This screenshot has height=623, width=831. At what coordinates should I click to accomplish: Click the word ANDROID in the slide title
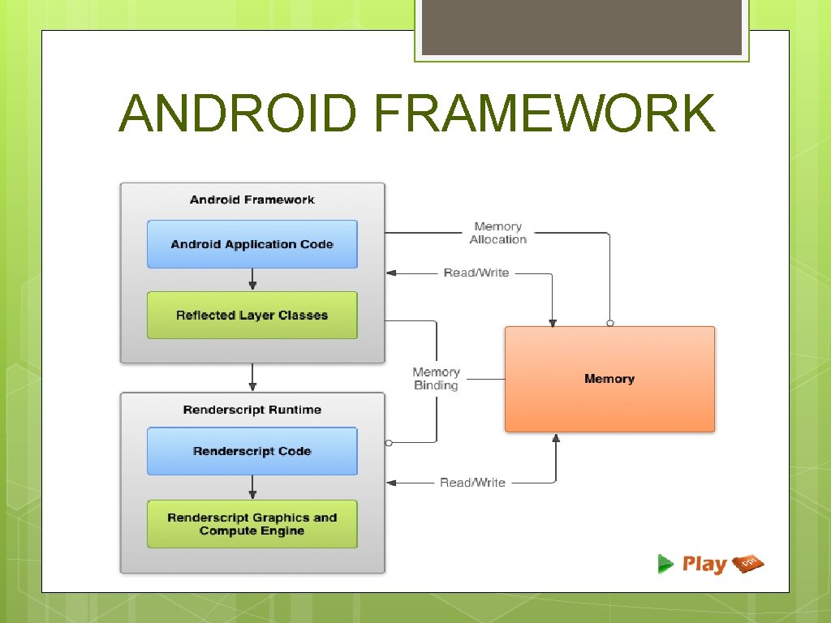click(x=237, y=113)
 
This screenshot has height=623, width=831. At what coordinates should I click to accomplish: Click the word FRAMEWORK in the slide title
click(x=545, y=113)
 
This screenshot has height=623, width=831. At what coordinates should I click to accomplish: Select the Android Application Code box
click(x=252, y=244)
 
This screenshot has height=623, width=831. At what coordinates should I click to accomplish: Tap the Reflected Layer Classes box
click(x=252, y=316)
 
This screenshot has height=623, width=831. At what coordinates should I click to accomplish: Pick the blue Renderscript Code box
click(x=252, y=451)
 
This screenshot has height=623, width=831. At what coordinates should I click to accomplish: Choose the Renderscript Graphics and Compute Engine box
click(x=252, y=524)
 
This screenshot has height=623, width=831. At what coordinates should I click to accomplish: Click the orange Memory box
click(x=609, y=379)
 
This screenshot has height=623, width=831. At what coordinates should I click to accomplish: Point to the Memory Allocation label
click(x=497, y=233)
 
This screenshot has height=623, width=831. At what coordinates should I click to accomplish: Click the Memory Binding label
click(x=436, y=379)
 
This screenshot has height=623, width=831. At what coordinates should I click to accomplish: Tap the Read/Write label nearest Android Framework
click(x=476, y=273)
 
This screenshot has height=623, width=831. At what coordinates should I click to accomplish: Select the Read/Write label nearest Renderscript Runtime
click(x=472, y=483)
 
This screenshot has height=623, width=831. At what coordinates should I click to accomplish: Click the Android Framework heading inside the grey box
click(x=252, y=200)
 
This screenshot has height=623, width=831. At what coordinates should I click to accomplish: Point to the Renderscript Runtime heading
click(x=252, y=410)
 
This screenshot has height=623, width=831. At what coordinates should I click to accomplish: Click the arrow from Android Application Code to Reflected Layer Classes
click(x=252, y=279)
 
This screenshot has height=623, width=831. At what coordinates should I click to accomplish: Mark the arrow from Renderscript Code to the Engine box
click(x=252, y=487)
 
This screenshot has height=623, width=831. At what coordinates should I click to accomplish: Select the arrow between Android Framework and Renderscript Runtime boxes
click(x=252, y=377)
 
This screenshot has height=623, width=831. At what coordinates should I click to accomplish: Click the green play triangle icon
click(x=665, y=564)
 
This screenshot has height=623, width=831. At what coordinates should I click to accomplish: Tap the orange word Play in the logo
click(x=704, y=564)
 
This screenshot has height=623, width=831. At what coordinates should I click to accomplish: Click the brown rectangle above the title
click(x=581, y=28)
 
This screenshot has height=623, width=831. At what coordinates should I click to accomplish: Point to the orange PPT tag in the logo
click(x=748, y=563)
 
